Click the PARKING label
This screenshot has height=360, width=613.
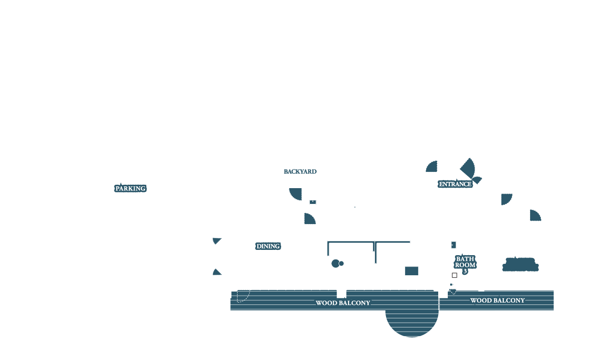(130, 189)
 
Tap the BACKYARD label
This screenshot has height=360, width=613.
(300, 171)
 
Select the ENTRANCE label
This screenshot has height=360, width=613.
(455, 184)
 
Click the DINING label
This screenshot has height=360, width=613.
(268, 247)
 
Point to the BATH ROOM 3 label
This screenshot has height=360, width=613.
(465, 265)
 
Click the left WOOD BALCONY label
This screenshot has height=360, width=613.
(342, 303)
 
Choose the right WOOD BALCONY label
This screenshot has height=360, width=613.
(497, 301)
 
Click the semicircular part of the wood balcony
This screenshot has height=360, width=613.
(412, 323)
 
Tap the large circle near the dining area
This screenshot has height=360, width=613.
(335, 263)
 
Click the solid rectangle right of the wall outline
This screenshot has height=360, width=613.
(411, 271)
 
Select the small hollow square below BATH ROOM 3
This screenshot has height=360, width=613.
(454, 275)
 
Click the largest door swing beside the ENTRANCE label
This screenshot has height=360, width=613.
(469, 168)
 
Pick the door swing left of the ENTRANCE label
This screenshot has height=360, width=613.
(432, 167)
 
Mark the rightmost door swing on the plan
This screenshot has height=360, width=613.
(534, 216)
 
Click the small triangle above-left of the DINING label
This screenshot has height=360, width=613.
(216, 240)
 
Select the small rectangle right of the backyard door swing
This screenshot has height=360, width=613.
(313, 202)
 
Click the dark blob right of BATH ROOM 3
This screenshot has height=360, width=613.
(521, 265)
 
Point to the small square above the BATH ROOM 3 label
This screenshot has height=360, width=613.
(454, 245)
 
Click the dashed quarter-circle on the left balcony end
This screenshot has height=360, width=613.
(242, 296)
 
